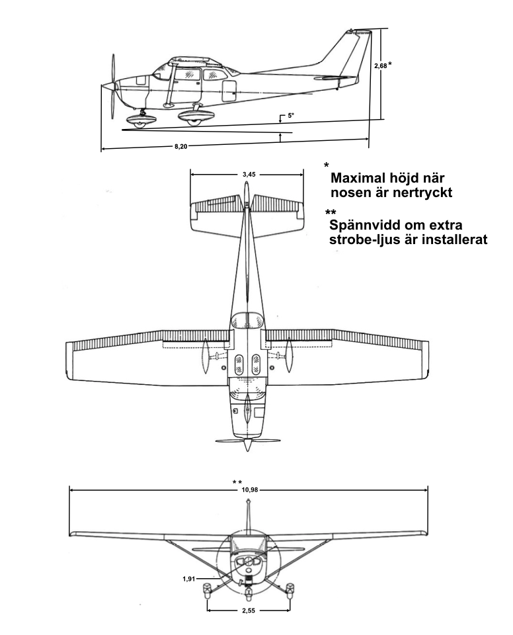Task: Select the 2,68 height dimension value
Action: (379, 66)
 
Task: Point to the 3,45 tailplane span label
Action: (249, 174)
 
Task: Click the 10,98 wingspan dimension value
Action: (249, 489)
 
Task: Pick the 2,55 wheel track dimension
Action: (249, 611)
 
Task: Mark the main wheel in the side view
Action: (194, 120)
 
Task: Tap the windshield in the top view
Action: (246, 320)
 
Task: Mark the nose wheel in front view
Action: (249, 581)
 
